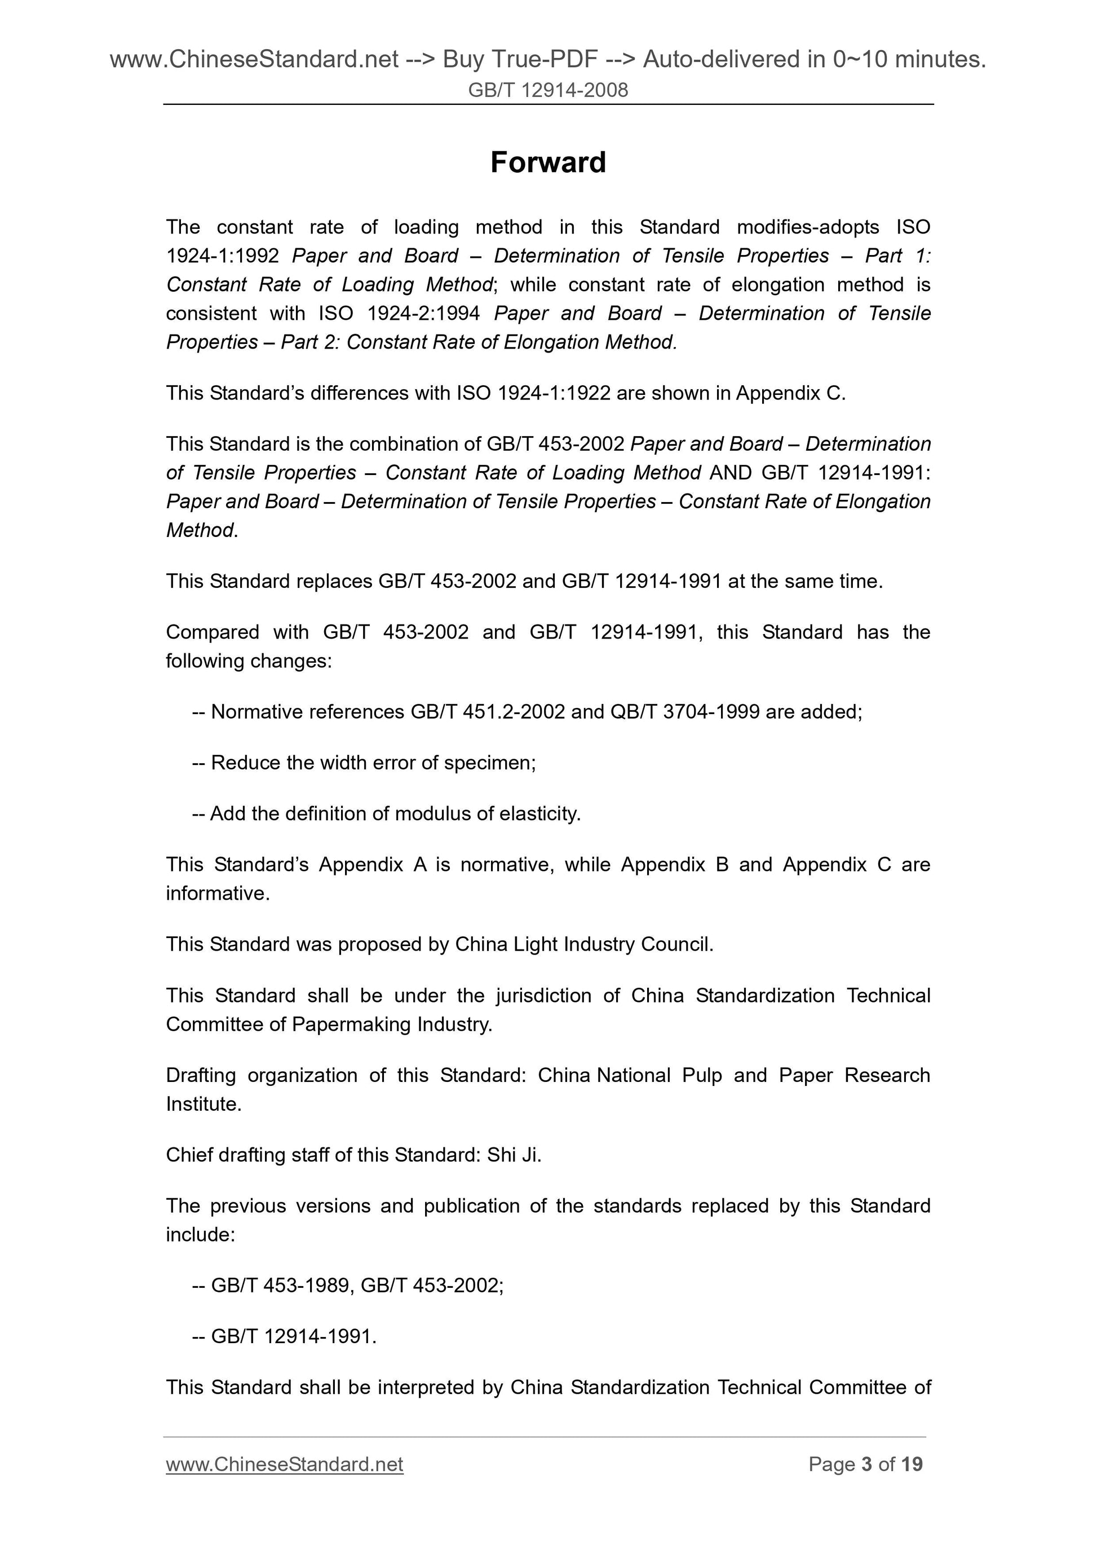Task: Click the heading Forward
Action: [x=547, y=162]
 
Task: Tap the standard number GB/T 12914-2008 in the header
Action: [x=547, y=90]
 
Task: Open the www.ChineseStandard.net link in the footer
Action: [x=284, y=1464]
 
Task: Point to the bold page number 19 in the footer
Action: [x=911, y=1464]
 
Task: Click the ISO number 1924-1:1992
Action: [x=222, y=256]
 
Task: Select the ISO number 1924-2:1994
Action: [x=422, y=313]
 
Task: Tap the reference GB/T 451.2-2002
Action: [x=486, y=711]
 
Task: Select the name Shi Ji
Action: [x=513, y=1155]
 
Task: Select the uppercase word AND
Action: [x=731, y=472]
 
